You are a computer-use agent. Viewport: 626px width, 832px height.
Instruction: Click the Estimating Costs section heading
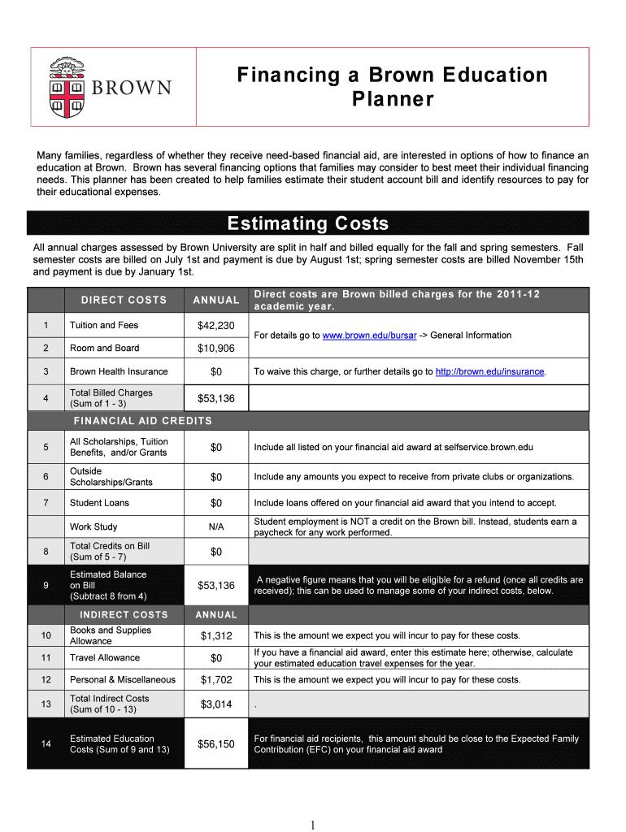click(308, 223)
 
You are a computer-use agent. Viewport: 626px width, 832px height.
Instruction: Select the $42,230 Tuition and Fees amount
click(216, 326)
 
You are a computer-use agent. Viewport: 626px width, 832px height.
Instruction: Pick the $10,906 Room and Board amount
click(216, 349)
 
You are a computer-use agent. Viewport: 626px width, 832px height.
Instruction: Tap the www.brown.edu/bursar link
click(364, 336)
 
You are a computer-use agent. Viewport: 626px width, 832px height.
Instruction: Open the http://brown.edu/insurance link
click(489, 372)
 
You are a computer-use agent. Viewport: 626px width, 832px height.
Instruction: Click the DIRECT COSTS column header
click(124, 301)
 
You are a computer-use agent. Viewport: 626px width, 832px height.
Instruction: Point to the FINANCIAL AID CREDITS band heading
click(143, 421)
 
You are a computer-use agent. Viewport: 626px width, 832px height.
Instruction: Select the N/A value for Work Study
click(216, 527)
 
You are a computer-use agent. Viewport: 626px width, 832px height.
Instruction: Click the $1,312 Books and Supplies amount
click(216, 636)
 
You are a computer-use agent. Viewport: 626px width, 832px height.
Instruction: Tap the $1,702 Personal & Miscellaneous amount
click(216, 680)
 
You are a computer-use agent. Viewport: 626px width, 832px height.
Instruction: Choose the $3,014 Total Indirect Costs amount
click(216, 704)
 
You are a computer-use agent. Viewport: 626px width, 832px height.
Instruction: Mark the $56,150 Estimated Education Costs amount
click(216, 744)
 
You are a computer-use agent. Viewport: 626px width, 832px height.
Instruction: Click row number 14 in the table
click(46, 744)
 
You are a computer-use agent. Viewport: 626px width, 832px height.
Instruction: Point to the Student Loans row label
click(99, 504)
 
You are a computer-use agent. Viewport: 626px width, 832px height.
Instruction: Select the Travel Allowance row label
click(105, 658)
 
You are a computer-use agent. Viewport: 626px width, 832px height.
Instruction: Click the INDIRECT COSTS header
click(124, 615)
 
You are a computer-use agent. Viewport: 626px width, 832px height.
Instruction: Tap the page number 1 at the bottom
click(312, 825)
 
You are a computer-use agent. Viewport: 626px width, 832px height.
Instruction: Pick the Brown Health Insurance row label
click(119, 372)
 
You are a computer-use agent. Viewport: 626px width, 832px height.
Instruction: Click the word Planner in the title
click(393, 100)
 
